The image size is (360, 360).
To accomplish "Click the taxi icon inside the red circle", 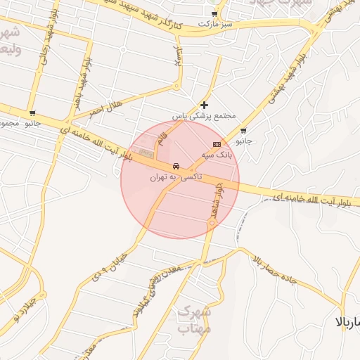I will [x=176, y=167].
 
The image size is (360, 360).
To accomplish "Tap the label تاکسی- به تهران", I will [x=176, y=177].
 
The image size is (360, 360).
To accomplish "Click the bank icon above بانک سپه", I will [x=216, y=143].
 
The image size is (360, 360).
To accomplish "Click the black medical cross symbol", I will [x=205, y=105].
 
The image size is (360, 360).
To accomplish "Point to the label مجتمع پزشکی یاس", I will [x=205, y=115].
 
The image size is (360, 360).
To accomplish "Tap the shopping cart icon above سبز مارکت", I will [x=214, y=14].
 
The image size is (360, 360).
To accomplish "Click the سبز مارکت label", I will [x=214, y=24].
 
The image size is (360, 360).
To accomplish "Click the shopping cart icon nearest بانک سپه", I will [x=243, y=131].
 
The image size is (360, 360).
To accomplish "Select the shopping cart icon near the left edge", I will [x=32, y=113].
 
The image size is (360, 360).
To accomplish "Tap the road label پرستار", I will [x=177, y=56].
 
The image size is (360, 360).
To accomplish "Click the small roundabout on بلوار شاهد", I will [x=212, y=223].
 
